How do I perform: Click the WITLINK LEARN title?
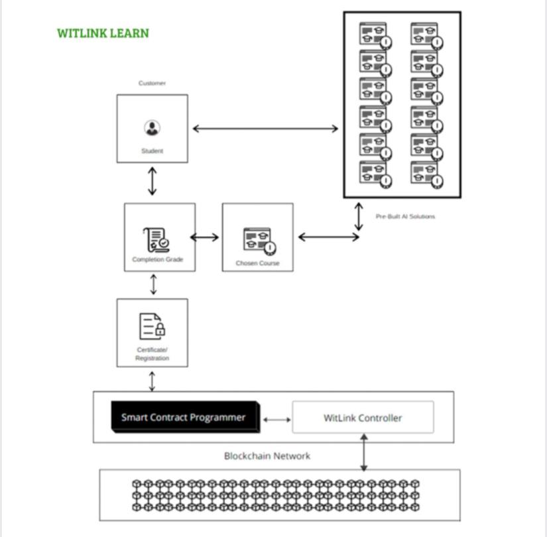tap(103, 33)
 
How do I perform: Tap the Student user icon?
tap(152, 128)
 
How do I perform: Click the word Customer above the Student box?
tap(152, 83)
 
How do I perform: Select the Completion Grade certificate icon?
tap(156, 240)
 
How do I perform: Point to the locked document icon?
tap(152, 326)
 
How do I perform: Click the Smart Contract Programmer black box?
tap(185, 417)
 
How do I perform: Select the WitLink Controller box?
tap(363, 417)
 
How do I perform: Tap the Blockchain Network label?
tap(267, 456)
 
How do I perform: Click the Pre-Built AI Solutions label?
tap(405, 216)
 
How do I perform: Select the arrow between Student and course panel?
tap(265, 129)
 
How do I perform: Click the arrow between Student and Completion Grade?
tap(152, 181)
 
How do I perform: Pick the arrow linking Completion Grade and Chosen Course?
tap(204, 237)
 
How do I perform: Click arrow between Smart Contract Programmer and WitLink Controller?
tap(277, 420)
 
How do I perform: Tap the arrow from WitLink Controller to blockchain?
tap(363, 452)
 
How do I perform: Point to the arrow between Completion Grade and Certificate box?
tap(153, 284)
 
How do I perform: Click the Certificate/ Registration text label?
tap(152, 354)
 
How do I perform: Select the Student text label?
tap(152, 150)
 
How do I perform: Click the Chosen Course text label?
tap(257, 263)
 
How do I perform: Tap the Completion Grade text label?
tap(158, 259)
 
